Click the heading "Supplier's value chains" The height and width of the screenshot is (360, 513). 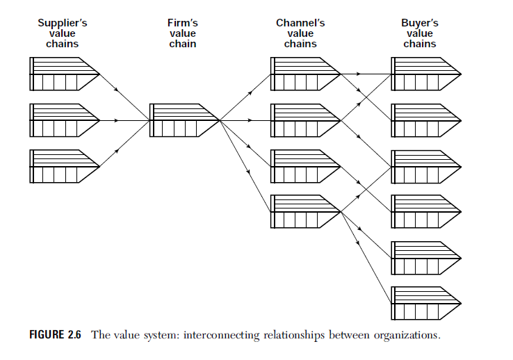tap(63, 33)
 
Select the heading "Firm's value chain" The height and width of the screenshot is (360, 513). tap(183, 33)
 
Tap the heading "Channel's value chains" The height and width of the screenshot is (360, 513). tap(300, 33)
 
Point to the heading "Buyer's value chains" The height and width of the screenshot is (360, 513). tap(419, 33)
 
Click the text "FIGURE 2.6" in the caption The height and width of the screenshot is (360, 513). tap(55, 336)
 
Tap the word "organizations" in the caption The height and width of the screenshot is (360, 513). tap(407, 336)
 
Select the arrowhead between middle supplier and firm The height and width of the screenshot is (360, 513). tap(116, 120)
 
